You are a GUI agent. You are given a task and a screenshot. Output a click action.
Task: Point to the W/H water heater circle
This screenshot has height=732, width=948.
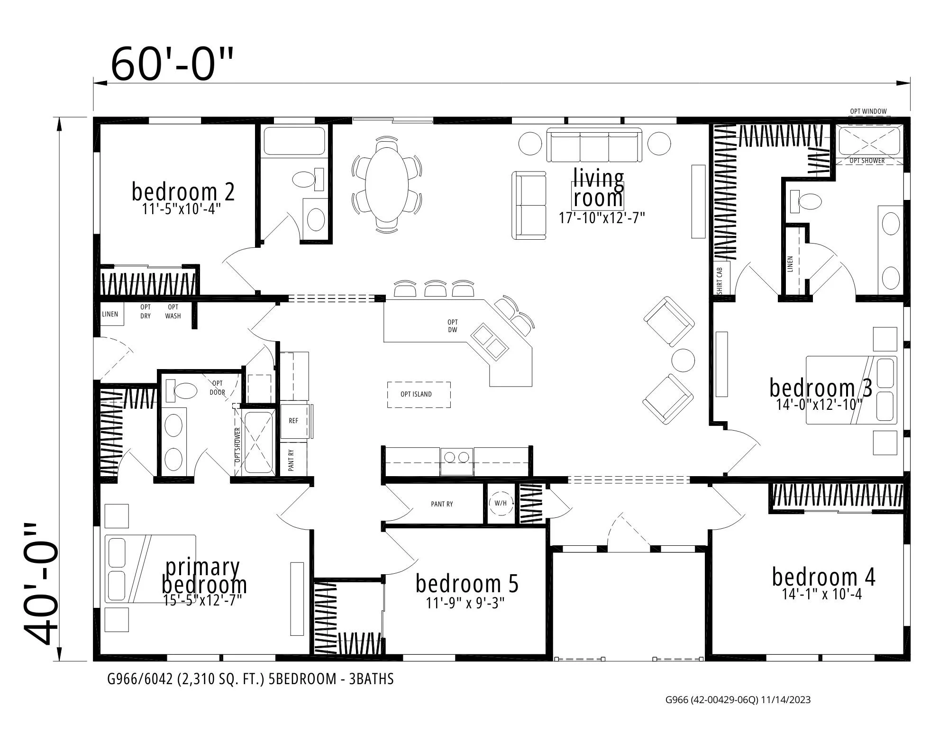tap(500, 504)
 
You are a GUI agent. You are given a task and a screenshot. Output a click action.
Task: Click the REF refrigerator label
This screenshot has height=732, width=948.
tap(293, 421)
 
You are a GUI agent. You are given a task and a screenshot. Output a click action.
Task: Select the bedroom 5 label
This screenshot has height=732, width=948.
tap(467, 584)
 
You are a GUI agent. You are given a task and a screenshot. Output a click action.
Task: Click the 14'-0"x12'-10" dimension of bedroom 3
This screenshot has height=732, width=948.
tap(819, 405)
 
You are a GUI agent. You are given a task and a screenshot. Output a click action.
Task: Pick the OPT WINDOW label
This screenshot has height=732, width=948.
tap(868, 112)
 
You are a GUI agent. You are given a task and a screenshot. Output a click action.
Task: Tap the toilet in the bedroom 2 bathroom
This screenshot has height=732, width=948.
tap(305, 180)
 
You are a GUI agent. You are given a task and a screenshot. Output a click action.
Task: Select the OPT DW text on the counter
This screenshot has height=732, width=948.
tap(452, 326)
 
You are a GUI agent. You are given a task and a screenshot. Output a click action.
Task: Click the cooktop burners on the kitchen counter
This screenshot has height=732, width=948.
tap(456, 457)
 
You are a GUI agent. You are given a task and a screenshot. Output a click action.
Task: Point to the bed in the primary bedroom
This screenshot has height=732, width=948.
tap(150, 569)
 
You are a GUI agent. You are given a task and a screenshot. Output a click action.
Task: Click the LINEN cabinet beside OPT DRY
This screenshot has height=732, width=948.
tap(110, 314)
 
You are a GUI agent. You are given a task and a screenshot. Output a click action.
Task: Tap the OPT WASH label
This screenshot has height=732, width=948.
tap(173, 311)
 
